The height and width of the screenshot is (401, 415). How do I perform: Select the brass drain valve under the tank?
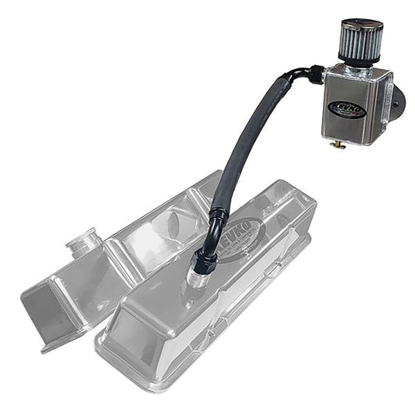point(338,144)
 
